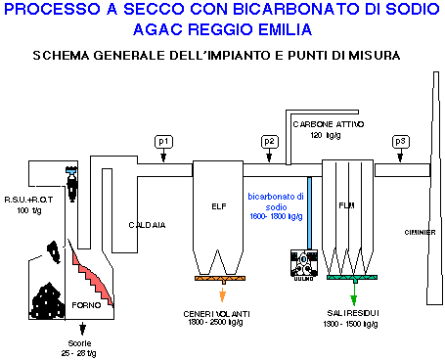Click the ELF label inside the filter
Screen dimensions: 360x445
218,206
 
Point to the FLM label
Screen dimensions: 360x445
345,206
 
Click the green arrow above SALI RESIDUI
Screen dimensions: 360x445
354,293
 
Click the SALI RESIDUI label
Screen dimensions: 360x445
355,313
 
